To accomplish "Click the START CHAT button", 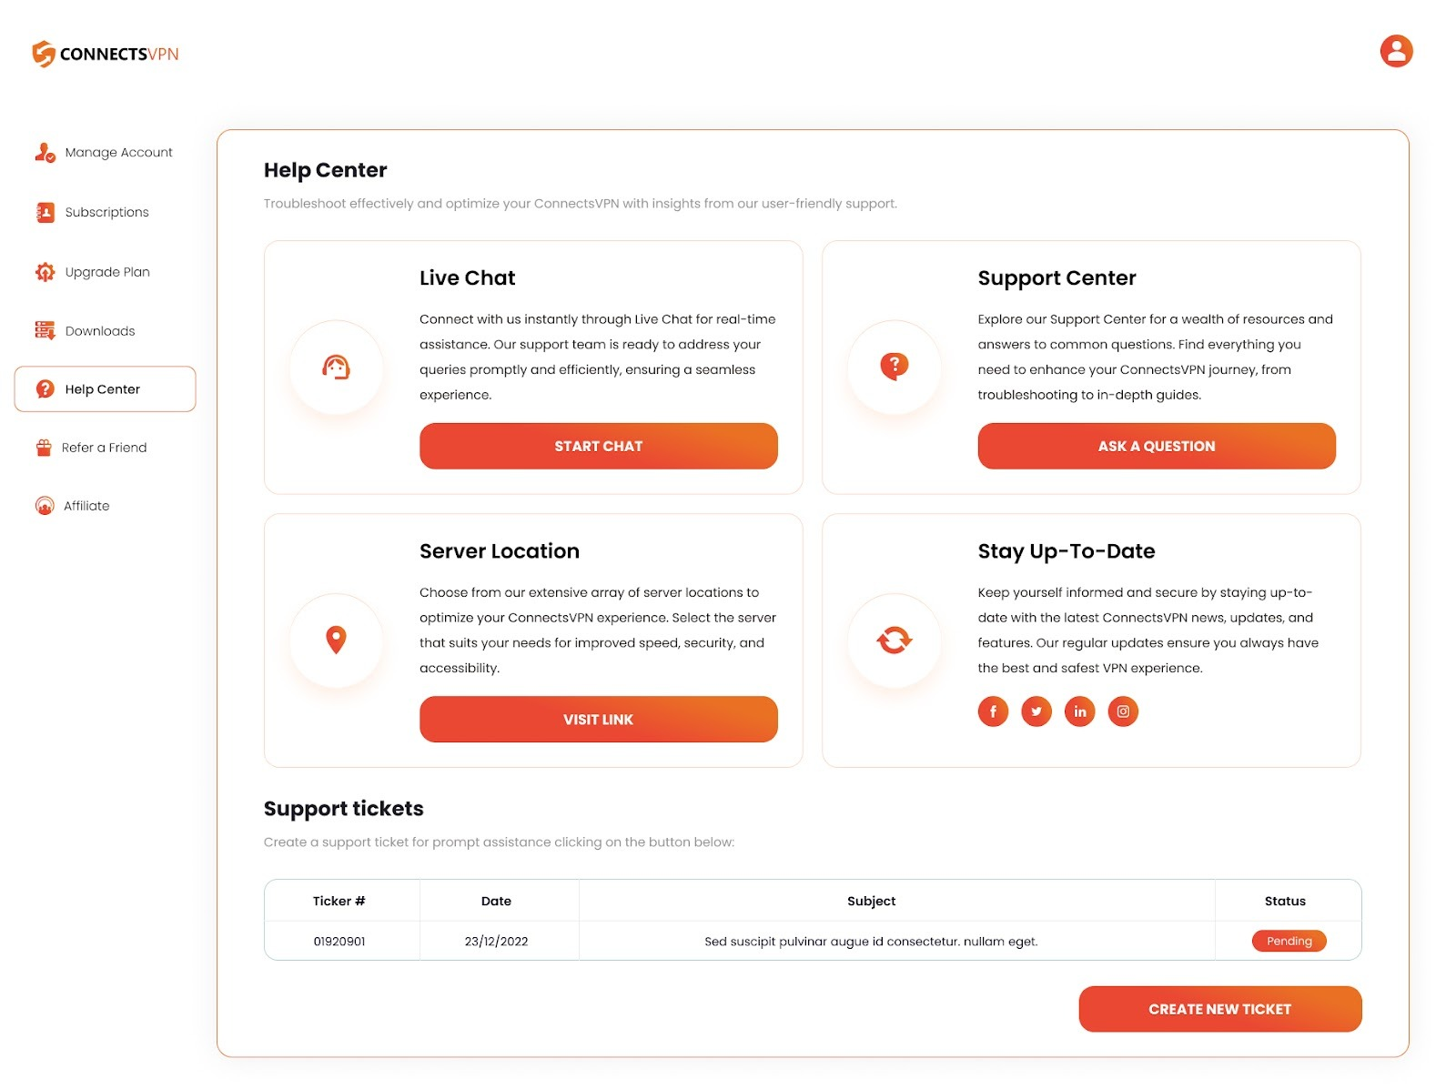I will [598, 446].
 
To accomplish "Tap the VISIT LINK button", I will [598, 719].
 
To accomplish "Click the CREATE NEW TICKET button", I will [1219, 1009].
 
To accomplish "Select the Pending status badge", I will [1289, 941].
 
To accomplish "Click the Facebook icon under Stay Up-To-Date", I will [993, 711].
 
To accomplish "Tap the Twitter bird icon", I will [1036, 711].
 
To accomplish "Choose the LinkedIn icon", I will [1080, 711].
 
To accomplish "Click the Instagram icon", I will [1123, 711].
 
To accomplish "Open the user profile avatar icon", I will [1396, 51].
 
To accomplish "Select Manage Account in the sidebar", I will [118, 153].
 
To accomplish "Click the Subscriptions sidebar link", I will [106, 212].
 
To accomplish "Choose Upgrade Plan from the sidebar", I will [107, 272].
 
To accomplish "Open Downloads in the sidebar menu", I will [100, 331].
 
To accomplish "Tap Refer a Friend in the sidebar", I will [104, 448].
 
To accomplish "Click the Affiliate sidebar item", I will [86, 506].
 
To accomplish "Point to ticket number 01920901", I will [339, 942].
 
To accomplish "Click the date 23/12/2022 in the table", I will [496, 942].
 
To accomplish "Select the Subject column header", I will [871, 901].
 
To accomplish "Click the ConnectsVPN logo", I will [106, 54].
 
